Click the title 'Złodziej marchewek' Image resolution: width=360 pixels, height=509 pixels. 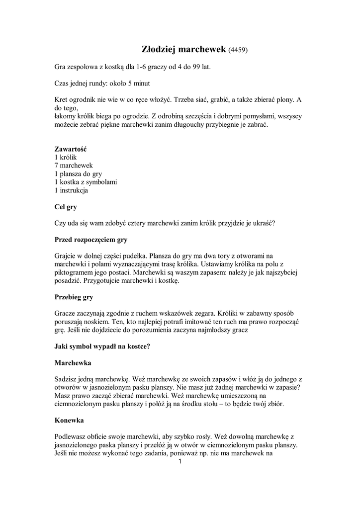tap(181, 50)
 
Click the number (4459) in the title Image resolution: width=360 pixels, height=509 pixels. tap(238, 50)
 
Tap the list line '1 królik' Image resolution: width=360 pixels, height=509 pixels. tap(66, 157)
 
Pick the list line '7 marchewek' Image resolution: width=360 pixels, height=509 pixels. tap(74, 165)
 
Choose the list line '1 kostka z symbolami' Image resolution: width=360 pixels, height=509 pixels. tap(86, 182)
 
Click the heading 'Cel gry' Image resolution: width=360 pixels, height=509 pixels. tap(65, 206)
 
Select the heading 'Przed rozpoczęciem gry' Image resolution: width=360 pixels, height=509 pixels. tap(90, 239)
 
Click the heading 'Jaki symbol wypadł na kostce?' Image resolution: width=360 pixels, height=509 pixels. tap(102, 346)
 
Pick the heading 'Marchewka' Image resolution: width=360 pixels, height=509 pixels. tap(73, 363)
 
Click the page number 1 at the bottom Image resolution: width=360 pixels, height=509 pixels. tap(180, 462)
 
